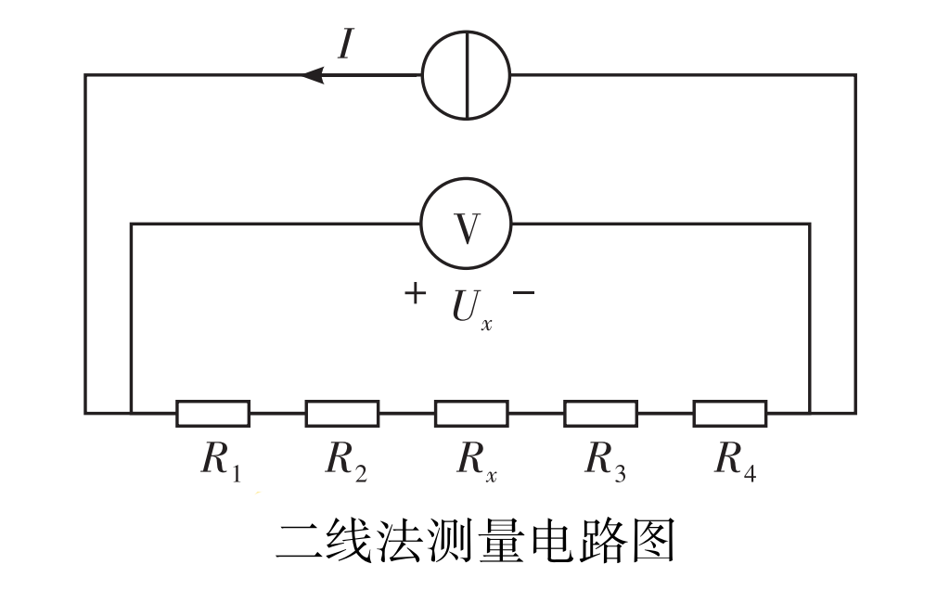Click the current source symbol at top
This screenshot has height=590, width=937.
pos(466,75)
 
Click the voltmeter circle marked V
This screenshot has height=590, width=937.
pos(466,224)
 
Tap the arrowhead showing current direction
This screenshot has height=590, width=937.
pos(314,75)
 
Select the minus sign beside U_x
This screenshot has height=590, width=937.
pos(523,294)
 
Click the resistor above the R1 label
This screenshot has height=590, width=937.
pos(212,413)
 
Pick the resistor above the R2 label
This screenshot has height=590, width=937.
pos(341,413)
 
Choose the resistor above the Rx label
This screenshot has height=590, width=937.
pos(471,413)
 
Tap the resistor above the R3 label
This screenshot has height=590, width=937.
pos(600,413)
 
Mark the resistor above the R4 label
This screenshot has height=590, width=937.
pos(730,413)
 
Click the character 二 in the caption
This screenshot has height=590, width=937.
pos(299,542)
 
